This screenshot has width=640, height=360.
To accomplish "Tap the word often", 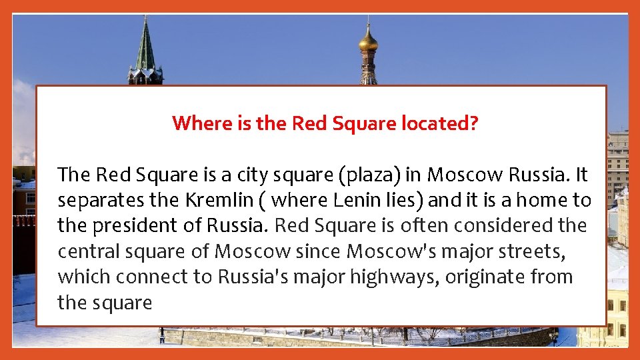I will point(425,226).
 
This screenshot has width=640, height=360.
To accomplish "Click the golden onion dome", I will point(368,42).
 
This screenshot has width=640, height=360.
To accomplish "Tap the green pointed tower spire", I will point(145,47).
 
